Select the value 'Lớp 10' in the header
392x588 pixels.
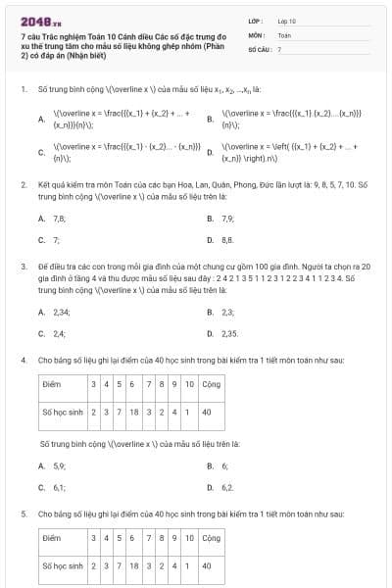[x=286, y=20]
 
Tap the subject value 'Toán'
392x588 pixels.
[x=284, y=33]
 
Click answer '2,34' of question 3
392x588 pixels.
[x=61, y=312]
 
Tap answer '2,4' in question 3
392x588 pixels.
[x=59, y=333]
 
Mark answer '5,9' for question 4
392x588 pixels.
[x=59, y=465]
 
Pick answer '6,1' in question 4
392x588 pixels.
[x=59, y=487]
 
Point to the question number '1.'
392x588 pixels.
[x=23, y=89]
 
